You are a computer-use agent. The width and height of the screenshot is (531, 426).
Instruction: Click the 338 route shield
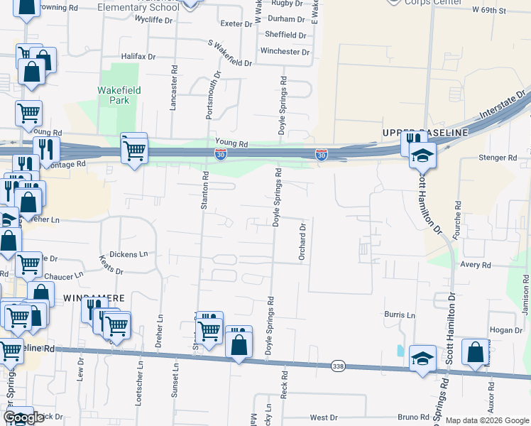coord(338,365)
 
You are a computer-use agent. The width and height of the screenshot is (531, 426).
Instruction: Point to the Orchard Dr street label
coord(302,242)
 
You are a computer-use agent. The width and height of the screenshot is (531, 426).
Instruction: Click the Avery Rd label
coord(476,265)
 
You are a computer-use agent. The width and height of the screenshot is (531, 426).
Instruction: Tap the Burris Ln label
coord(400,315)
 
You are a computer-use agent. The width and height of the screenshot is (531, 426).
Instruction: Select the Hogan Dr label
coord(505,330)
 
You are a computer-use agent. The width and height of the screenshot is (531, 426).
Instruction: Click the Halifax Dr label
coord(138,55)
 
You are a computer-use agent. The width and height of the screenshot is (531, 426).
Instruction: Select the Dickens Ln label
coord(133,253)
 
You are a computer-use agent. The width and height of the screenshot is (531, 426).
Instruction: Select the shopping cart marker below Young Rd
coord(133,149)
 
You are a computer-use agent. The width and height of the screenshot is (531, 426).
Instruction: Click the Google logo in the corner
coord(23,417)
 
